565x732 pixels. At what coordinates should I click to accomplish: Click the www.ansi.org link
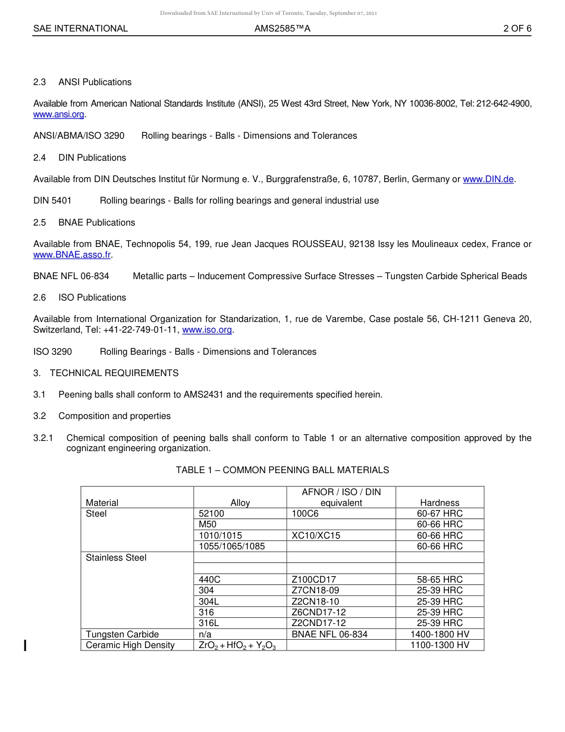tap(59, 114)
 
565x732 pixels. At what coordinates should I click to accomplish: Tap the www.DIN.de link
tap(488, 179)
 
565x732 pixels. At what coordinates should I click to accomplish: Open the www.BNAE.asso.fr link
tap(72, 255)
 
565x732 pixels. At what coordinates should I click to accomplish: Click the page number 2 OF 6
tap(517, 29)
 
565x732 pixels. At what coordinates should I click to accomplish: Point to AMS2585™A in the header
tap(282, 29)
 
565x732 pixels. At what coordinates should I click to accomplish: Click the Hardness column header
tap(440, 503)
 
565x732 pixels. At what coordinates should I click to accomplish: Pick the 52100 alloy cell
tap(211, 514)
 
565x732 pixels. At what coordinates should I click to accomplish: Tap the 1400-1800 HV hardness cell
tap(440, 634)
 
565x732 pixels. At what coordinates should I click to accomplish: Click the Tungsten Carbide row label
tap(122, 634)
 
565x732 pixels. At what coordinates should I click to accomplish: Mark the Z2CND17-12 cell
tap(319, 623)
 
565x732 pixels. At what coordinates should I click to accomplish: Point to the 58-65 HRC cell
tap(440, 580)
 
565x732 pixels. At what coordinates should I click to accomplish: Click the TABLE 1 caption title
tap(282, 470)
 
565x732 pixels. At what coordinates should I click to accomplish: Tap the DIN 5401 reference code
tap(52, 201)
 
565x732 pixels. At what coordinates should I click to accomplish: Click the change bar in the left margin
tap(24, 645)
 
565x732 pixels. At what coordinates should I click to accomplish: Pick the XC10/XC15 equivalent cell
tap(316, 536)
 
